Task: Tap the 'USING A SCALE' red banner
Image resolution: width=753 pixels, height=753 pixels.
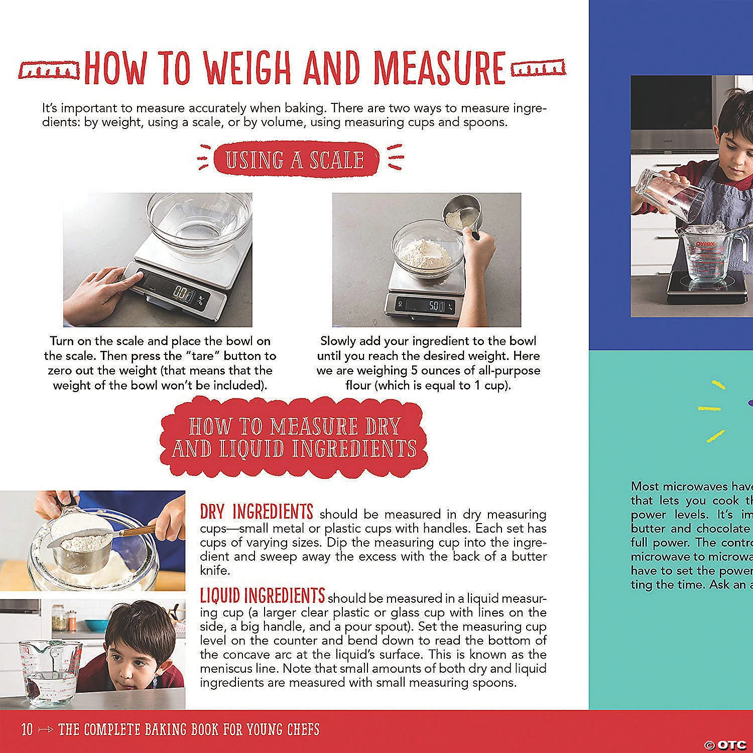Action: pyautogui.click(x=295, y=160)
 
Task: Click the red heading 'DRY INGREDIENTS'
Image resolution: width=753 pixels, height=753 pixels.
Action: pyautogui.click(x=257, y=512)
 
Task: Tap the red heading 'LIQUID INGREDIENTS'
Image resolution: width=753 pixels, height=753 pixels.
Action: pyautogui.click(x=262, y=596)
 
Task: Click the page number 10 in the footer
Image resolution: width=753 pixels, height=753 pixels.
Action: pyautogui.click(x=27, y=729)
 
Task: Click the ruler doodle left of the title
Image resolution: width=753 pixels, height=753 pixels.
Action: pyautogui.click(x=49, y=70)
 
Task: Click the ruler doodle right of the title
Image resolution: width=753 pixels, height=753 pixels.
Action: pyautogui.click(x=538, y=68)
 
